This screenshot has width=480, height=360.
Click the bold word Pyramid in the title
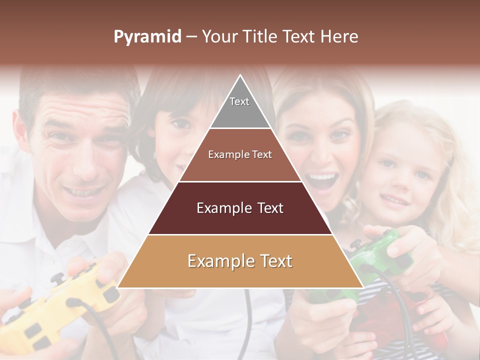click(147, 37)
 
